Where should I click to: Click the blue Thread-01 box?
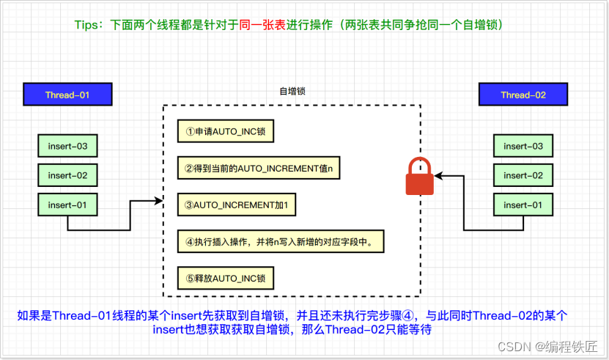(67, 95)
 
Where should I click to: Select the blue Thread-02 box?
(523, 95)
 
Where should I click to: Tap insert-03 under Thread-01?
(67, 147)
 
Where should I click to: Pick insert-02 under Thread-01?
(67, 175)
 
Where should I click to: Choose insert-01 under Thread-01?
(67, 204)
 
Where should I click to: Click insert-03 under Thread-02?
(523, 147)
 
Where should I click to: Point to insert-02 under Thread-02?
(523, 175)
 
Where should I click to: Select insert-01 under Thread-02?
(523, 204)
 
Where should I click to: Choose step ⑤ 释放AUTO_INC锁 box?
(225, 278)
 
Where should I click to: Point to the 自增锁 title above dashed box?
(292, 92)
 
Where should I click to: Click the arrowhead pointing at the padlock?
(438, 176)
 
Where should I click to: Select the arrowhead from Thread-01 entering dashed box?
(158, 199)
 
